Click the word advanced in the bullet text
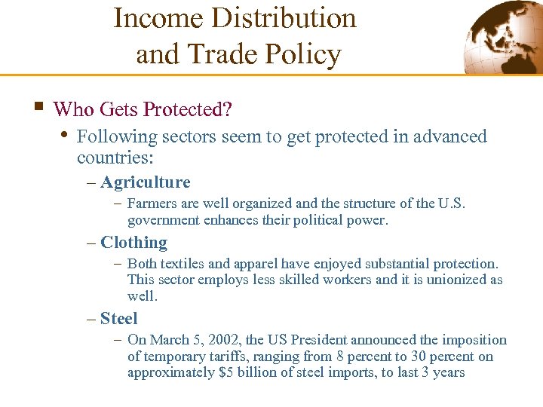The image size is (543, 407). pos(446,136)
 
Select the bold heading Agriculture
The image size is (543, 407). pos(145,182)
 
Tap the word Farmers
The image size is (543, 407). pos(151,203)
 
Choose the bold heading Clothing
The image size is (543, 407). pos(133,243)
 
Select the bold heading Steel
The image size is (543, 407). pos(118,319)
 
